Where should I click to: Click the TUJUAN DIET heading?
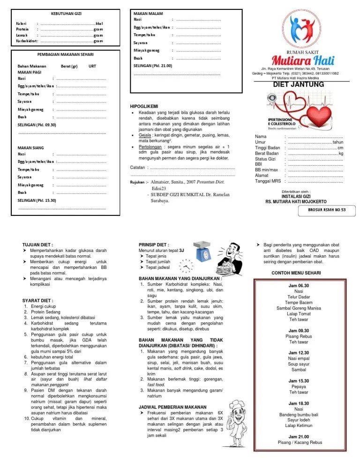pyautogui.click(x=38, y=244)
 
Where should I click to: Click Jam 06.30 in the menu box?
pyautogui.click(x=299, y=285)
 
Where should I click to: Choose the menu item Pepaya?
pyautogui.click(x=299, y=387)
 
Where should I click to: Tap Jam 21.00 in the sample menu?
pyautogui.click(x=299, y=436)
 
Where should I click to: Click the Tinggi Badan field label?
pyautogui.click(x=267, y=148)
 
